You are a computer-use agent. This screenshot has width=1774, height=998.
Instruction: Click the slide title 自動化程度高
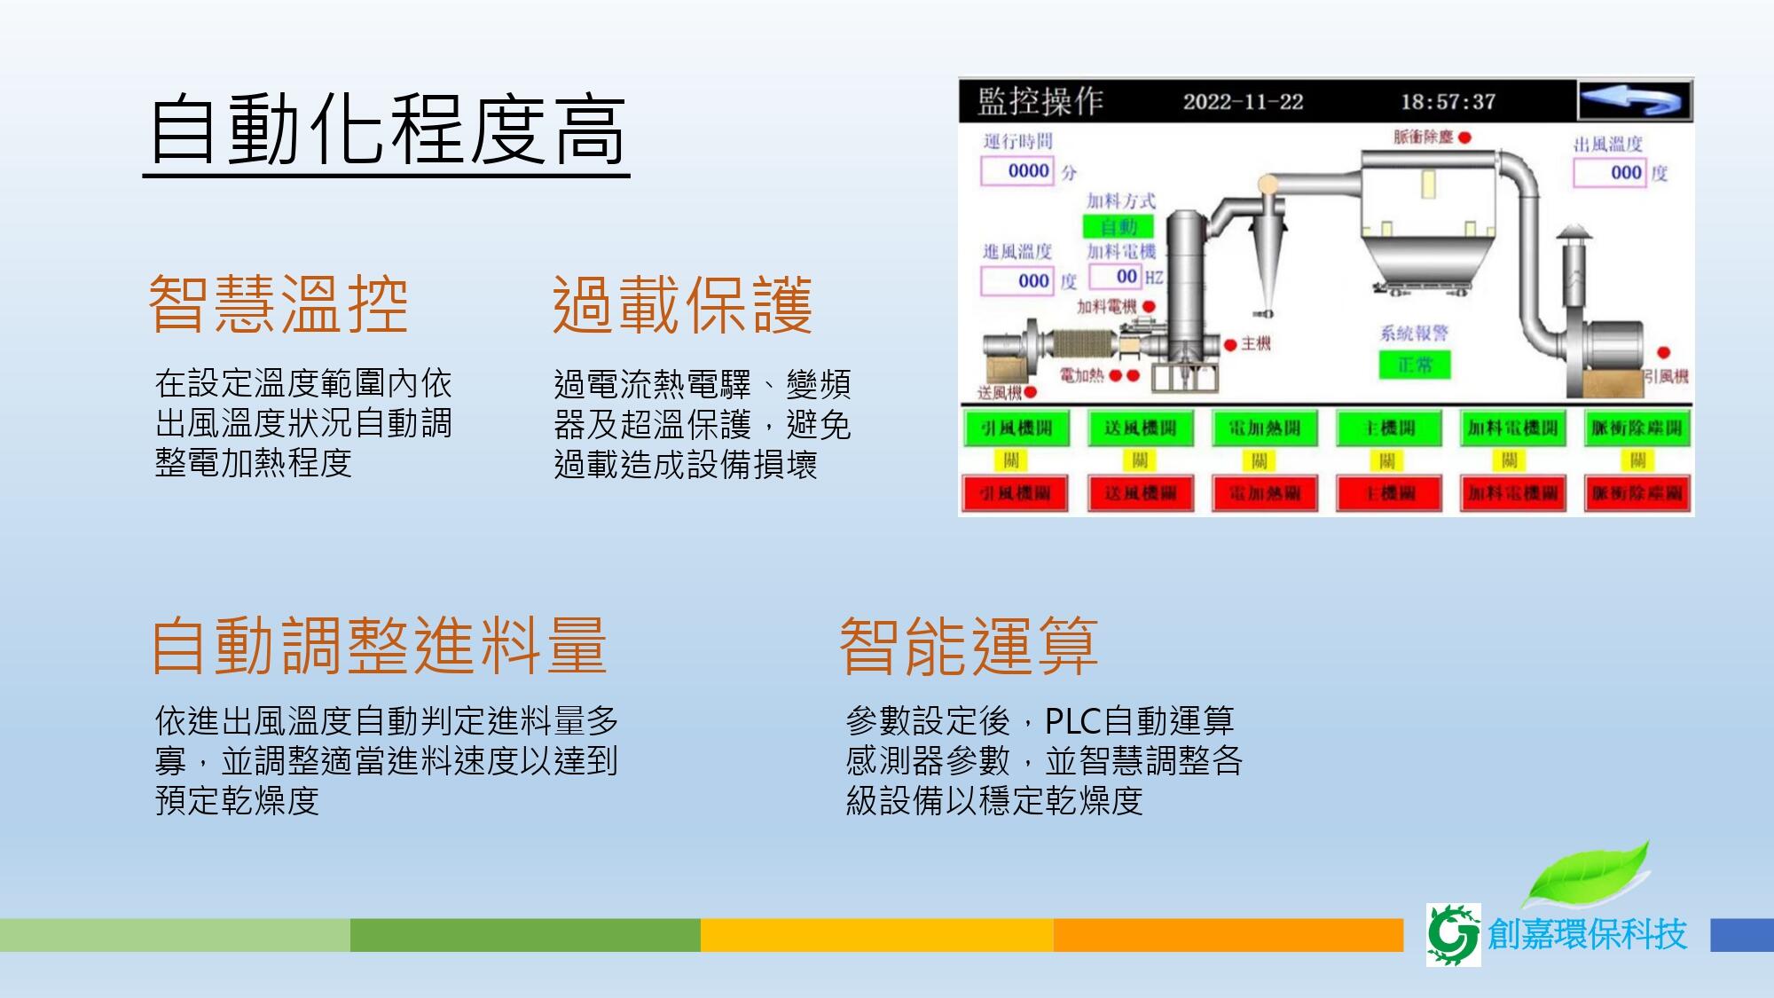coord(388,131)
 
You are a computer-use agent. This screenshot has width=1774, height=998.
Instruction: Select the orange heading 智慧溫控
coord(279,304)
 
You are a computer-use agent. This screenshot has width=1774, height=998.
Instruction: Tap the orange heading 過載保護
coord(682,304)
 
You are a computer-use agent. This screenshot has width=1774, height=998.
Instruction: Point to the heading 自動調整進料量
coord(379,645)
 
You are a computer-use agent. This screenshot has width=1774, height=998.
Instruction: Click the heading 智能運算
coord(969,645)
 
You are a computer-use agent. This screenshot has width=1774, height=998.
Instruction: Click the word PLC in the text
coord(1072,720)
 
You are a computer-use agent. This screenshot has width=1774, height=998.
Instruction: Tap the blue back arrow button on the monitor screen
coord(1634,101)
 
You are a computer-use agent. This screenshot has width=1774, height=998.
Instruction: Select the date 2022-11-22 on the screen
coord(1243,102)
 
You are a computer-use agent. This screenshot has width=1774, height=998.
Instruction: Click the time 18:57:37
coord(1448,102)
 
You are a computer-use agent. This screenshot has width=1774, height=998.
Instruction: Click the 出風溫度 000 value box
coord(1610,172)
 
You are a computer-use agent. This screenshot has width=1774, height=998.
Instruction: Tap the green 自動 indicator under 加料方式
coord(1119,226)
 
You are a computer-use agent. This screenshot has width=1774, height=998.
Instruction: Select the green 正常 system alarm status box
coord(1415,365)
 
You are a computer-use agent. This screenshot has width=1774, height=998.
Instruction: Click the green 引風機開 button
coord(1017,428)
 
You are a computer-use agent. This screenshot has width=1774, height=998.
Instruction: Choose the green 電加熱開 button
coord(1264,428)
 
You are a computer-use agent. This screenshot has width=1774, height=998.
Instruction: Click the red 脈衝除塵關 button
coord(1637,493)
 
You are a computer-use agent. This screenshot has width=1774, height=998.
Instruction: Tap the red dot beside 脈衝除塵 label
coord(1464,138)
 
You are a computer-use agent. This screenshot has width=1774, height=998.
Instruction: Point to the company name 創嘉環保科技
coord(1587,934)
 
